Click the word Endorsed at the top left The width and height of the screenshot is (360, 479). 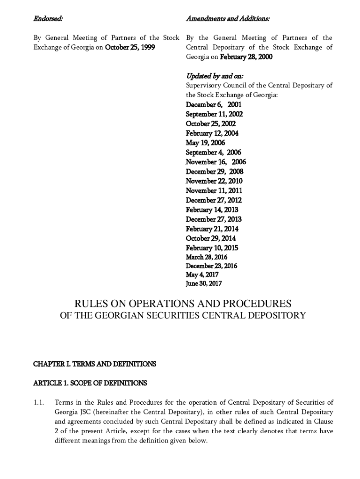[48, 19]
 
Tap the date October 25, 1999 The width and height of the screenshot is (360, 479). [130, 47]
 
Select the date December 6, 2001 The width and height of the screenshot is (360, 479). [214, 105]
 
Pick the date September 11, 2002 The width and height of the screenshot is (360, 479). [214, 114]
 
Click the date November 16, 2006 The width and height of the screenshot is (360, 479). [216, 162]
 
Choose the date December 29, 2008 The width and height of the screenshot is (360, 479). [215, 172]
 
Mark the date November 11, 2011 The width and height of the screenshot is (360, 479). [214, 191]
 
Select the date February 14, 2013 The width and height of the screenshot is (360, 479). [212, 210]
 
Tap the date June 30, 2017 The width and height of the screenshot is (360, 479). [204, 283]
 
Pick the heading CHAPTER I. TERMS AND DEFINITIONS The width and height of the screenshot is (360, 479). [94, 363]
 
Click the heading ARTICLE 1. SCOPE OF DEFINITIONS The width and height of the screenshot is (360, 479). [90, 383]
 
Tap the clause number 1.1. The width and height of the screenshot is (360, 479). [39, 402]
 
